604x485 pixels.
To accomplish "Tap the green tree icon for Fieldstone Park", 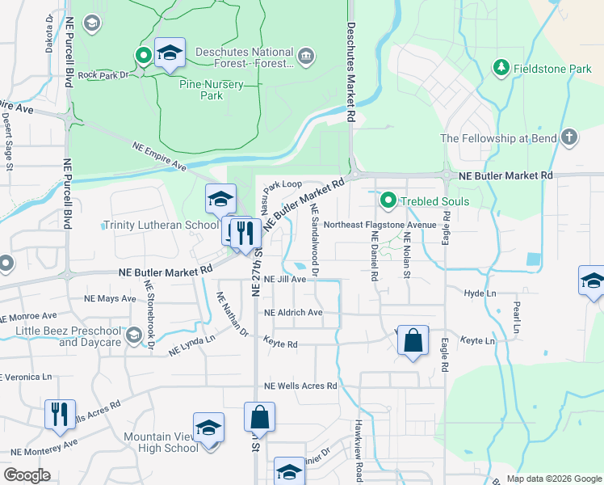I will pos(501,65).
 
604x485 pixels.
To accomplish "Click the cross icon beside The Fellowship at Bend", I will pos(568,137).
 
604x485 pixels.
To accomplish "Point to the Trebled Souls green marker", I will pos(388,200).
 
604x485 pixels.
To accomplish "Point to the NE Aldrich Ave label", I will pos(293,313).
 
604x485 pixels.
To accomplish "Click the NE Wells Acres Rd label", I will pos(300,386).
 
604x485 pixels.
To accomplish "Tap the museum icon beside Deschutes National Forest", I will pos(306,57).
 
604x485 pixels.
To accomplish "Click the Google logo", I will pos(27,476).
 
